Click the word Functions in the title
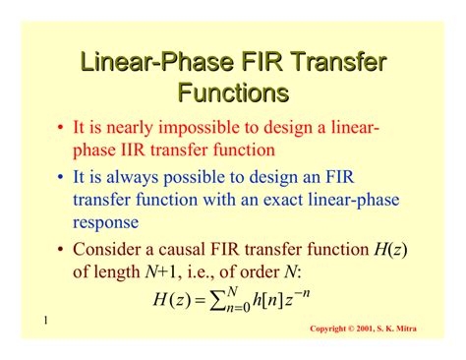[233, 92]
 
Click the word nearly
[131, 129]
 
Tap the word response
[110, 221]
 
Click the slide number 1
[45, 322]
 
